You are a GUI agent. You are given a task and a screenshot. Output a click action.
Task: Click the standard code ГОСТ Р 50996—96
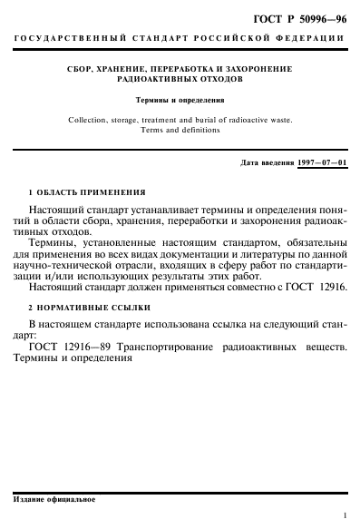pos(302,17)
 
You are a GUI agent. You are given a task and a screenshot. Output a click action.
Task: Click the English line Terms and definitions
pos(181,129)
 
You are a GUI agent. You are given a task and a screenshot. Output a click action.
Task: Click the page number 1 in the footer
pos(345,514)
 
